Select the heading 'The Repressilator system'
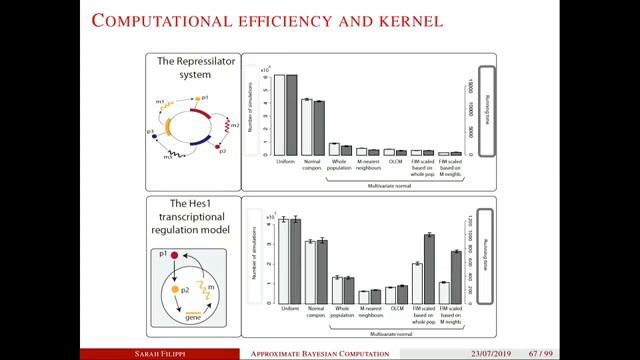coord(196,67)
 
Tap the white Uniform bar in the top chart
coord(281,115)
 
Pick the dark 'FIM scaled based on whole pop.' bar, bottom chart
coord(428,268)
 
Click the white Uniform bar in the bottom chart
coord(284,260)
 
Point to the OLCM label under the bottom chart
coord(396,309)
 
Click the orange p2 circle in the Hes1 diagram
coord(176,288)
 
